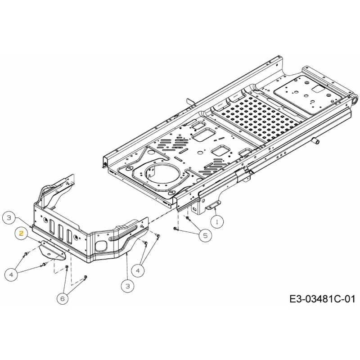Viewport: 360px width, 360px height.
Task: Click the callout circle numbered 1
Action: coord(217,221)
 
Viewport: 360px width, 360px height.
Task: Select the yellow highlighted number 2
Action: coord(21,234)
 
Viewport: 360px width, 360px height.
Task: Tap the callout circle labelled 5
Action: coord(205,235)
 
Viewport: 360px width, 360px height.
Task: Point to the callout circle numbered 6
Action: coord(63,299)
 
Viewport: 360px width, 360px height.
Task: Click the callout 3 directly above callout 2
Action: coord(9,218)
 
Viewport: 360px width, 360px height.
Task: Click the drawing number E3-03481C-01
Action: coord(322,299)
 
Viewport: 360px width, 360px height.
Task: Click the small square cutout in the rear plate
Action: coord(318,89)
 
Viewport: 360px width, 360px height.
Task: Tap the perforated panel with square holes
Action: coord(256,118)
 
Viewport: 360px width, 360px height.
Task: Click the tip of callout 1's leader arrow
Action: coord(215,208)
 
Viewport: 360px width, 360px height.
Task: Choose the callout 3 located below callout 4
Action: coord(127,286)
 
